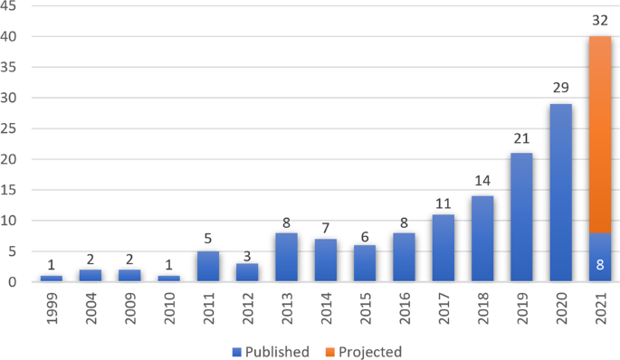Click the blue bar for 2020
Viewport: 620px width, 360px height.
coord(560,193)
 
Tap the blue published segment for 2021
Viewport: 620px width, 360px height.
coord(599,258)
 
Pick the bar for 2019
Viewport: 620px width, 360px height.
coord(520,217)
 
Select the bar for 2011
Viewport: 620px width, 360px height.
coord(207,266)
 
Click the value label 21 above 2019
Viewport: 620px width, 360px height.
coord(520,139)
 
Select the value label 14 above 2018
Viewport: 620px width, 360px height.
coord(482,182)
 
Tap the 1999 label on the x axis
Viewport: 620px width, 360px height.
coord(52,308)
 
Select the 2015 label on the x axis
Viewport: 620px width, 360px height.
coord(364,308)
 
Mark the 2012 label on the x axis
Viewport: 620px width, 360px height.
coord(246,308)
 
